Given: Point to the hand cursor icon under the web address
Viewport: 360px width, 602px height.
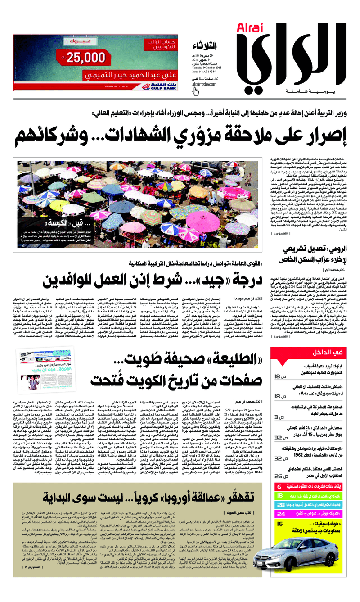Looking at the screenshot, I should click(x=196, y=91).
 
